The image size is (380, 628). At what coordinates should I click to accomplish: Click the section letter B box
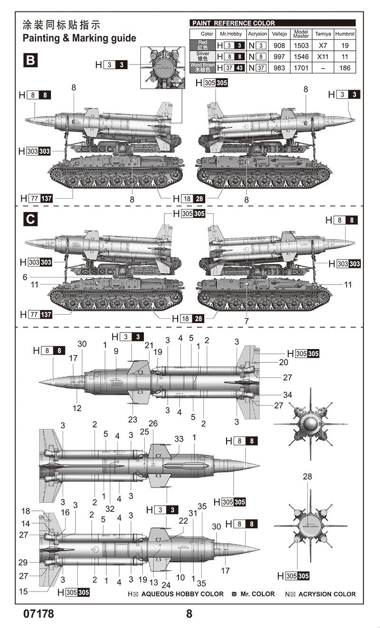pyautogui.click(x=30, y=61)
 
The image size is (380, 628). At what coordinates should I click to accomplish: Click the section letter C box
pyautogui.click(x=30, y=220)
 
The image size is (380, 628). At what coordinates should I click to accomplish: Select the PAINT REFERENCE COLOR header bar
pyautogui.click(x=272, y=23)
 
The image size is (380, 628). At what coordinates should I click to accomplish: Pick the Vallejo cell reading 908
pyautogui.click(x=279, y=46)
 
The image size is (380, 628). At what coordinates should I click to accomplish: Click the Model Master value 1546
pyautogui.click(x=301, y=56)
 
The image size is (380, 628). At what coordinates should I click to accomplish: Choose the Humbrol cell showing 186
pyautogui.click(x=345, y=68)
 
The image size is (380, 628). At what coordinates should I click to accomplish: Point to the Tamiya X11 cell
pyautogui.click(x=323, y=56)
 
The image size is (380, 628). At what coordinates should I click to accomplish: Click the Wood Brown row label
pyautogui.click(x=202, y=68)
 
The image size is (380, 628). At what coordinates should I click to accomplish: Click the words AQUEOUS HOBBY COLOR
pyautogui.click(x=182, y=594)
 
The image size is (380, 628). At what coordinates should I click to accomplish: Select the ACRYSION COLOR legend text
pyautogui.click(x=327, y=594)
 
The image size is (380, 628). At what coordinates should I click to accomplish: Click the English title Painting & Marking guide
pyautogui.click(x=79, y=38)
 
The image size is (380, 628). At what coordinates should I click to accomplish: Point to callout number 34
pyautogui.click(x=287, y=395)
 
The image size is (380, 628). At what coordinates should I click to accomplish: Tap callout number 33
pyautogui.click(x=179, y=439)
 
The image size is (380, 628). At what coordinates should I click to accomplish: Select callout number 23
pyautogui.click(x=133, y=419)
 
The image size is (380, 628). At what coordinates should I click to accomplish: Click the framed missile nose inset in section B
pyautogui.click(x=162, y=67)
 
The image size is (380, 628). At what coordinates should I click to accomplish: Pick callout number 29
pyautogui.click(x=23, y=563)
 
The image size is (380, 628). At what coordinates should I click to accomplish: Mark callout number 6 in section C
pyautogui.click(x=25, y=277)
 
